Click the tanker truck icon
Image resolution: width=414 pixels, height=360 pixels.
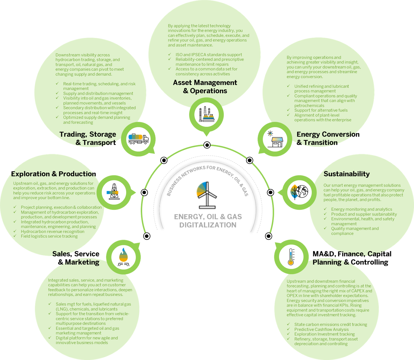point(138,139)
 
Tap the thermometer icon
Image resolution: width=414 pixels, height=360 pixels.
point(291,257)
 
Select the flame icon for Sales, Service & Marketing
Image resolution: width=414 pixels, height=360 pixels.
point(123,257)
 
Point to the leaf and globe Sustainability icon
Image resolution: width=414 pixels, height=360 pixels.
point(299,192)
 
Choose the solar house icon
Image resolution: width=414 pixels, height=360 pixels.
point(275,139)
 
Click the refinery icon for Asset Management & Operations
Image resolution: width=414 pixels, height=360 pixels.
point(206,114)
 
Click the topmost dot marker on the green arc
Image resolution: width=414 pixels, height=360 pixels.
point(207,145)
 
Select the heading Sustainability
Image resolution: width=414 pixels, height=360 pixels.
point(346,174)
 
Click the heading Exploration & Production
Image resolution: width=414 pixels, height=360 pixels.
point(53,174)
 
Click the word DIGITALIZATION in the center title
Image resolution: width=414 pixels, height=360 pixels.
point(208,225)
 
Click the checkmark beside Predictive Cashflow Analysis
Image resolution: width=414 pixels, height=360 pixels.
point(288,329)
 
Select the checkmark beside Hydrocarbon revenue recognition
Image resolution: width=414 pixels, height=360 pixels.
point(15,231)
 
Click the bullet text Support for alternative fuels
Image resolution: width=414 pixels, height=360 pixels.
point(321,110)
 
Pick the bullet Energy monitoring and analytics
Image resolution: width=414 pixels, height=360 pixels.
point(361,209)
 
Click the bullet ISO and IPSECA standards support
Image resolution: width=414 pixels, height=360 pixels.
point(209,55)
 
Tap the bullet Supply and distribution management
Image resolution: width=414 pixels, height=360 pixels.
point(98,93)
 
